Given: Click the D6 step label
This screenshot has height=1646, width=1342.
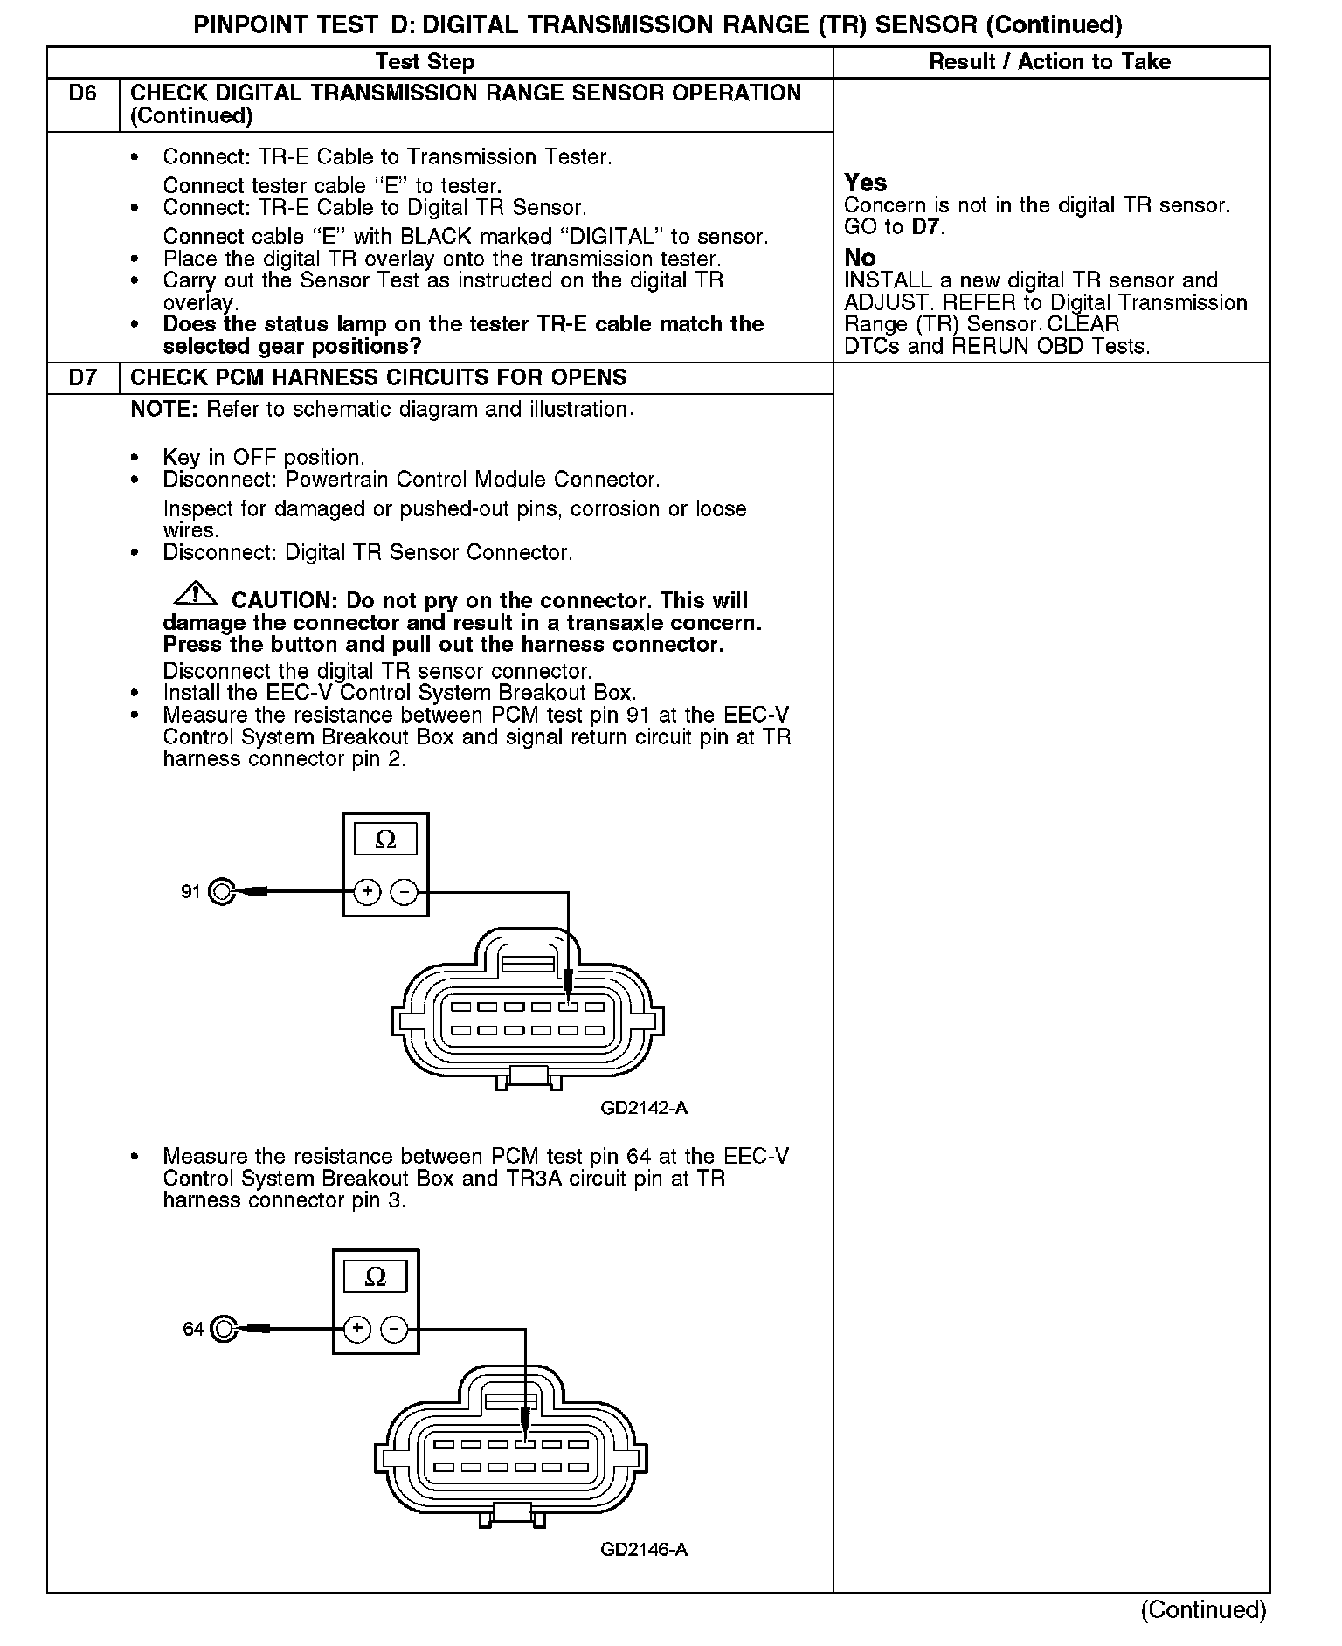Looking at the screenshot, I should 82,93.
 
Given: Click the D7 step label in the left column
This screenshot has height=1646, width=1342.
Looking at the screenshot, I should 82,378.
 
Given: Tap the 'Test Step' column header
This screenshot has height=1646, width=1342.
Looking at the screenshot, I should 425,62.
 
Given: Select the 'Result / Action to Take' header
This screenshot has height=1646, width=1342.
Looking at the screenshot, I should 1049,62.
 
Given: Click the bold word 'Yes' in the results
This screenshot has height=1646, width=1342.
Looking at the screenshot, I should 865,183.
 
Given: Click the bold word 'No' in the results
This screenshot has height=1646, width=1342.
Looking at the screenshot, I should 860,258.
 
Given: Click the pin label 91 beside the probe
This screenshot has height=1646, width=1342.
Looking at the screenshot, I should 190,892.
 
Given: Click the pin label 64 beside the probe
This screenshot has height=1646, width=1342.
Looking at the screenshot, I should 192,1329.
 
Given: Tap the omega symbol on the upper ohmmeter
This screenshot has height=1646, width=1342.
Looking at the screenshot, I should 385,840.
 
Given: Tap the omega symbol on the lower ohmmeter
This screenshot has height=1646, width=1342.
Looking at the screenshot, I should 375,1277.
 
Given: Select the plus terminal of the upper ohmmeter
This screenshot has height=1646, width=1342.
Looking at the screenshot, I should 367,892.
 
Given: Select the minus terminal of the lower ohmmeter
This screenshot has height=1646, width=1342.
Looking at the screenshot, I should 395,1329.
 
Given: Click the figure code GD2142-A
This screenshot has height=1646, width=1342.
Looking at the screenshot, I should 644,1108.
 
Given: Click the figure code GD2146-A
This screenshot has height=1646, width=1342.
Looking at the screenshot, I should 644,1550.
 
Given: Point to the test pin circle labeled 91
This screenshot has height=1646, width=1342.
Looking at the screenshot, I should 223,892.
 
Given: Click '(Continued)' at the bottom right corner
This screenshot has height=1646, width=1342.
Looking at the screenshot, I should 1202,1609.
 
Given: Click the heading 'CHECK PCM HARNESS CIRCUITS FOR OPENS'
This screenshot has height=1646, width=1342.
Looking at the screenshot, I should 378,378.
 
